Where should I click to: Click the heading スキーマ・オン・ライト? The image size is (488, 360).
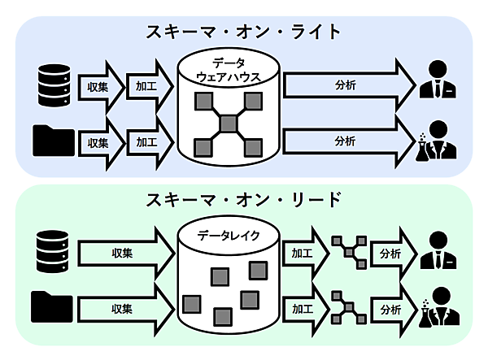(x=243, y=32)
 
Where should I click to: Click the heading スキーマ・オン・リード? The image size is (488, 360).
(x=243, y=200)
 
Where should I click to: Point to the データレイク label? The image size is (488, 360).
(x=229, y=236)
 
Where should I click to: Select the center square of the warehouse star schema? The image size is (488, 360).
(x=229, y=124)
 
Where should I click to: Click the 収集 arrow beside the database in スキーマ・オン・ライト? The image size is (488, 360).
(x=97, y=84)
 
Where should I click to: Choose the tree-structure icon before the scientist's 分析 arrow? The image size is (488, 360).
(x=347, y=310)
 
